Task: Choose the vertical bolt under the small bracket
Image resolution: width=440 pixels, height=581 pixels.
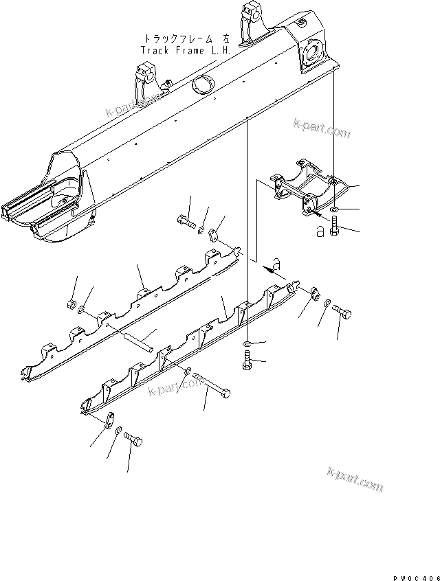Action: (334, 226)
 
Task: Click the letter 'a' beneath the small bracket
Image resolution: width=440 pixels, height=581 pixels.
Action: (320, 231)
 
